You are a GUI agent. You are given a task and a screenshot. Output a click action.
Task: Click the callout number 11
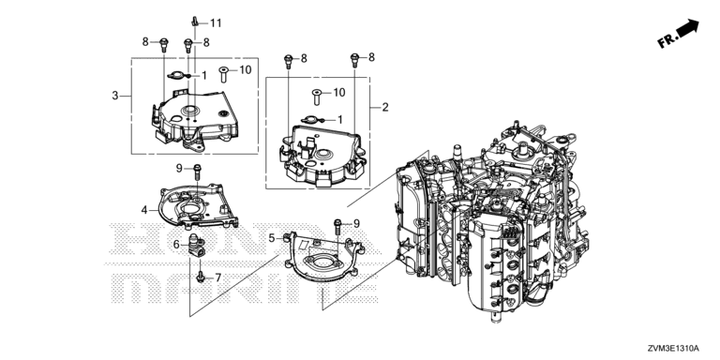[216, 22]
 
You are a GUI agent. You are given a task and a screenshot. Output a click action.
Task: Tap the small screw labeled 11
[195, 21]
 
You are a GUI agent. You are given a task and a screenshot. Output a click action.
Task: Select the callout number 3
[114, 96]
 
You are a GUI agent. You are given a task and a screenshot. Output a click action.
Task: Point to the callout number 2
[385, 108]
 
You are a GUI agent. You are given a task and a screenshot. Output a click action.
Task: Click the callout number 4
[144, 210]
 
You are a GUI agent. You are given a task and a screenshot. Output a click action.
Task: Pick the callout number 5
[271, 238]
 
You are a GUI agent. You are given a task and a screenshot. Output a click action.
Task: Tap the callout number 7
[217, 277]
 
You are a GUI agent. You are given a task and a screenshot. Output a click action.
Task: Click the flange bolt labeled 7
[201, 277]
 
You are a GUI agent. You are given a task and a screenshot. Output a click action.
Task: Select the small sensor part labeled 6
[195, 245]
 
